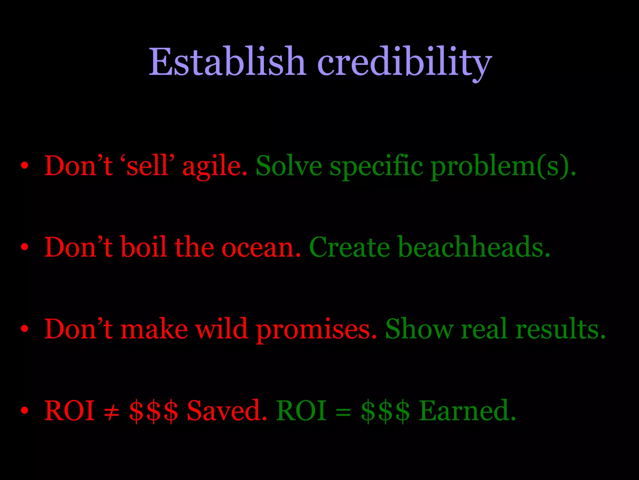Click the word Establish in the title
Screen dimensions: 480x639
point(227,62)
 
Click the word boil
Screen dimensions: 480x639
point(144,247)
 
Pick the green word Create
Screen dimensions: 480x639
point(349,247)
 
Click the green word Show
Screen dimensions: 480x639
point(419,329)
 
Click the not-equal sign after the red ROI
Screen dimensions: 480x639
point(112,411)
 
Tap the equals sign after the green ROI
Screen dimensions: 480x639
point(343,411)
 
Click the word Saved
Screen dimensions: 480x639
point(227,410)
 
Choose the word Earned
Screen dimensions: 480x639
point(467,410)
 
